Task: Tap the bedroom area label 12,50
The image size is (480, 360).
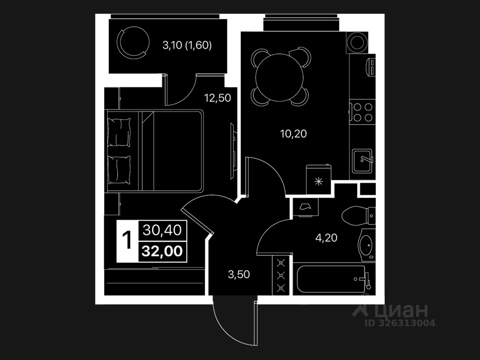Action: click(x=217, y=98)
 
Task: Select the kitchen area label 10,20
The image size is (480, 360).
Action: click(x=293, y=133)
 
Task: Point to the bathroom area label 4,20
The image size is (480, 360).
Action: click(x=326, y=238)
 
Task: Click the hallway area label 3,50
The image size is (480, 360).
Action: click(x=239, y=274)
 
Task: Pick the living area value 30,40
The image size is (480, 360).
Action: click(x=162, y=230)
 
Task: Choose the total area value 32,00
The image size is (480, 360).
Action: click(x=162, y=250)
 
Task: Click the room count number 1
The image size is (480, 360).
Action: click(x=127, y=240)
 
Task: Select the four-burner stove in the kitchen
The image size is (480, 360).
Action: click(x=363, y=112)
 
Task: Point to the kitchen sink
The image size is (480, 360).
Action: click(x=362, y=160)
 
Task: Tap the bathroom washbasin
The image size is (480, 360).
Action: click(x=365, y=244)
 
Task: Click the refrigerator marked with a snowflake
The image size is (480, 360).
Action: click(x=319, y=180)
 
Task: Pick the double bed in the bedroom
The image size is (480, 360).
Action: click(x=154, y=151)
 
